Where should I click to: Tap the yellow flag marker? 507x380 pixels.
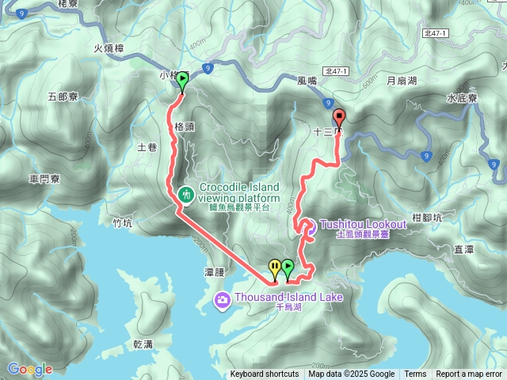pos(274,268)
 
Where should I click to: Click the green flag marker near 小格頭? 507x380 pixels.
pos(183,80)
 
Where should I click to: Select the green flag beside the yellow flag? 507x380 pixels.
pos(288,268)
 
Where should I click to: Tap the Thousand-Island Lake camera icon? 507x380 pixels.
pos(221,299)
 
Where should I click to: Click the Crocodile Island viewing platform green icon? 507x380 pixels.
pos(188,193)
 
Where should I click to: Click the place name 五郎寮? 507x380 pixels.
pos(63,97)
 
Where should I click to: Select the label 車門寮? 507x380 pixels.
pos(45,179)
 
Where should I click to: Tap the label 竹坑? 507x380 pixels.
pos(122,223)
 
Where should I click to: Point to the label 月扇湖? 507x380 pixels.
pos(402,80)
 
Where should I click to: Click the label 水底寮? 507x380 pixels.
pos(461,98)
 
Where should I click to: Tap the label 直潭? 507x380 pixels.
pos(463,249)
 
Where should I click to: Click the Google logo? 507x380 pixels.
pos(29,369)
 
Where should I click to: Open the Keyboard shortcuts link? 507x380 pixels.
pos(265,374)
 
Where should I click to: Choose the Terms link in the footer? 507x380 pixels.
pos(415,374)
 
